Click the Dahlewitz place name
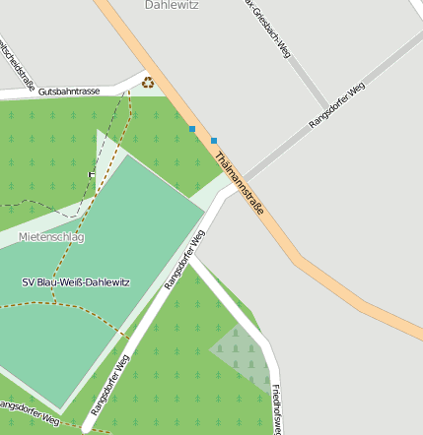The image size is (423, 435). coord(172,5)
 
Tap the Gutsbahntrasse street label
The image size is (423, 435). coord(69,91)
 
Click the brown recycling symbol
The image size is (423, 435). coord(148,83)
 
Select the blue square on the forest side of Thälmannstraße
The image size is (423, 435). coord(192,129)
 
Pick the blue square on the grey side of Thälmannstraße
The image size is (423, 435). coord(214,141)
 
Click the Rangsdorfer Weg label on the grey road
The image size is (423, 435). coord(337,105)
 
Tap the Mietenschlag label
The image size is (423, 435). coord(51,237)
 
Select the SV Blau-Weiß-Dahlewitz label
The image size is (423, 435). coord(76,282)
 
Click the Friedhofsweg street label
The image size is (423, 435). coord(276,407)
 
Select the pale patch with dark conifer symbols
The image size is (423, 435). coord(241,354)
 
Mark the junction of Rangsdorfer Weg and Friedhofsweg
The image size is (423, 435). coord(189,258)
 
